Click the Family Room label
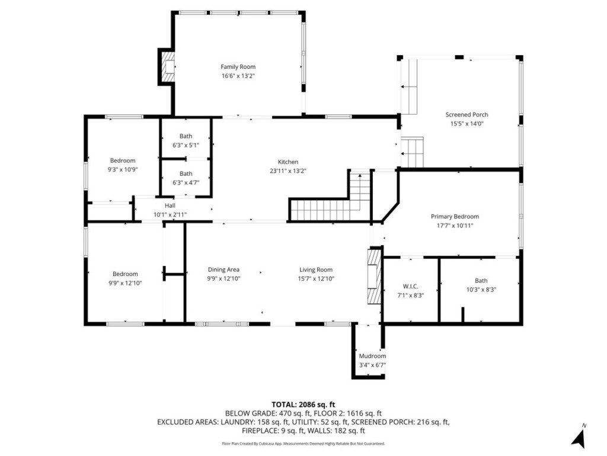coord(238,66)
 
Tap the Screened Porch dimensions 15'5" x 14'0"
coord(467,123)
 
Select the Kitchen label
coord(288,161)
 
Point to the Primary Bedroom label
coord(455,216)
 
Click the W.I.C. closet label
coord(410,286)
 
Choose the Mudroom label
coord(372,356)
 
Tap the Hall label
coord(170,205)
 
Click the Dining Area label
coord(223,270)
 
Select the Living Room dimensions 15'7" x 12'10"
coord(316,278)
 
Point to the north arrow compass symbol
coord(579,437)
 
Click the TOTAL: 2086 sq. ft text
coord(303,405)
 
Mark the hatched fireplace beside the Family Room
coord(168,66)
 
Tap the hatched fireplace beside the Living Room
coord(375,276)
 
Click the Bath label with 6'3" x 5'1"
coord(186,136)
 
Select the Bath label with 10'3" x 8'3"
coord(481,280)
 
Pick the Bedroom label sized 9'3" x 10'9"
coord(123,160)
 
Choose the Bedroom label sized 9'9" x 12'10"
coord(125,274)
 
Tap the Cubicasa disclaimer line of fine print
coord(303,444)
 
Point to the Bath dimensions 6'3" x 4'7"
coord(186,182)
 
